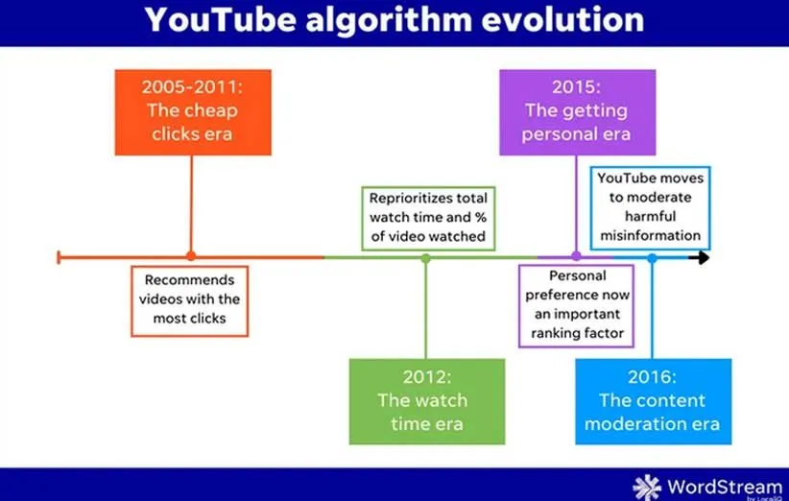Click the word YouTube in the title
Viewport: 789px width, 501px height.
pos(221,19)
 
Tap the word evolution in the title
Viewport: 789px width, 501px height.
pos(562,19)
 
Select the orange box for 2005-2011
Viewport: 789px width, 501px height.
pos(193,112)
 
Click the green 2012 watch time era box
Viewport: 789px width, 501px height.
pos(427,401)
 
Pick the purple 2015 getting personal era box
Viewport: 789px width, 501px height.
pos(577,112)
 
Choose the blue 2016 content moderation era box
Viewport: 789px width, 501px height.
pos(653,401)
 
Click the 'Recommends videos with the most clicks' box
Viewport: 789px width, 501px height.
pos(190,300)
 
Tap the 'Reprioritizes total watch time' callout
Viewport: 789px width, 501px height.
pos(428,218)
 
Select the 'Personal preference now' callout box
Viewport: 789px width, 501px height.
pos(577,306)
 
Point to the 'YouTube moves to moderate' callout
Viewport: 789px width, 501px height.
pos(650,207)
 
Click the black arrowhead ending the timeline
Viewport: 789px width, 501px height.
pos(701,257)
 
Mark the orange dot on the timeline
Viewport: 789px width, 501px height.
pos(191,256)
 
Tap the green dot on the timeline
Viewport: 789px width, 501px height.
pos(426,258)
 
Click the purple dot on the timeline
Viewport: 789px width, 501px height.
pos(576,256)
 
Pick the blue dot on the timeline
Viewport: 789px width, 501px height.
pos(652,258)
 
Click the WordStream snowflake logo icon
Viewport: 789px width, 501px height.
pos(647,488)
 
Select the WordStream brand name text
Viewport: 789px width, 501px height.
pos(725,487)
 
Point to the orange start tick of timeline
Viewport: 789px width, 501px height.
pos(59,257)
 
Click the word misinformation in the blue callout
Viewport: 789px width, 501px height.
pos(650,235)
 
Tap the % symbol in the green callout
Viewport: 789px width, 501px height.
pos(481,217)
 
